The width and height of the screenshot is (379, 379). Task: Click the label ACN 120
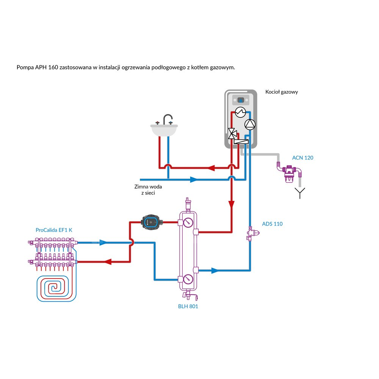(x=302, y=158)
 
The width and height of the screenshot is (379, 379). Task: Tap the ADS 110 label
(x=272, y=224)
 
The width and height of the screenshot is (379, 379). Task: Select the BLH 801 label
(x=188, y=306)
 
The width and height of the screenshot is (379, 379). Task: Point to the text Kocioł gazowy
(x=282, y=92)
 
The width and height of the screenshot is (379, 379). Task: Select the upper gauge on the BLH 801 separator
(x=187, y=222)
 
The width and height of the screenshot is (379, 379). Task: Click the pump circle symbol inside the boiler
(x=250, y=124)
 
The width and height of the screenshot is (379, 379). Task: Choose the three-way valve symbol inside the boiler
(x=232, y=133)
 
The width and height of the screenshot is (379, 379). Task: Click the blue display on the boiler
(x=241, y=100)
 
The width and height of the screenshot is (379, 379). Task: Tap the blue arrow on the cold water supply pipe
(x=193, y=179)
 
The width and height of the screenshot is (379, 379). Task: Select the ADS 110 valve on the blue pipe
(x=251, y=233)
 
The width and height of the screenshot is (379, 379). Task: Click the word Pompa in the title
(x=24, y=67)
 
